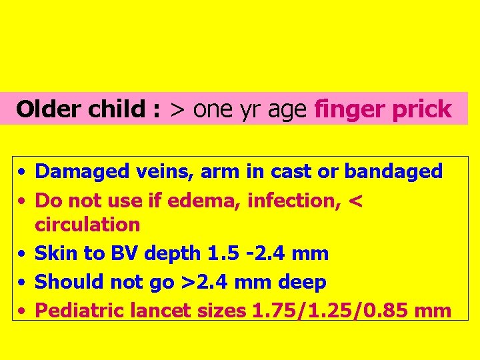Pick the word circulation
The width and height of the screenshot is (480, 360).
[87, 224]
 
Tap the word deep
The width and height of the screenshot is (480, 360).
[302, 283]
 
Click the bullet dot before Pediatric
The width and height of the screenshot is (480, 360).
[22, 311]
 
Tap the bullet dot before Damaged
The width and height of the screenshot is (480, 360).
[22, 172]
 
